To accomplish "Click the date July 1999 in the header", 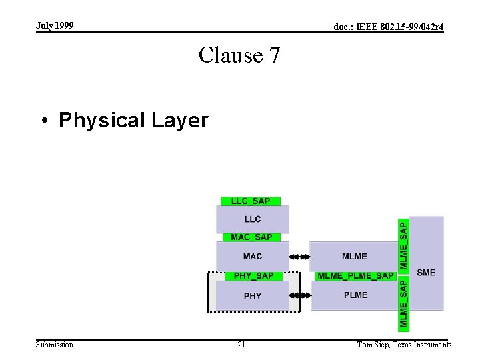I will click(55, 25).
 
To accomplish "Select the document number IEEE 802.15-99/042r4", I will click(388, 27).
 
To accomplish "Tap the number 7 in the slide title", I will click(274, 55).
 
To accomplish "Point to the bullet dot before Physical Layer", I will click(45, 121).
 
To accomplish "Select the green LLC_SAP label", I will click(251, 201).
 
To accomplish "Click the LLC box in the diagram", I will click(253, 219).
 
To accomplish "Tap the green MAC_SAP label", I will click(251, 237).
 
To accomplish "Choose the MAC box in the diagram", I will click(253, 256).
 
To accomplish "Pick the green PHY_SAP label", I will click(253, 276).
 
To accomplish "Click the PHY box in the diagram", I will click(253, 296).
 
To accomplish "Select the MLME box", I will click(354, 256).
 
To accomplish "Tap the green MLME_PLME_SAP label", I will click(355, 276).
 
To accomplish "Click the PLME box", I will click(355, 295).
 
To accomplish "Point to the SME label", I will click(426, 272).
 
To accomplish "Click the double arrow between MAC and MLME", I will click(300, 256).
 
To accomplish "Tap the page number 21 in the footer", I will click(241, 345).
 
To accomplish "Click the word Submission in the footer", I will click(55, 345).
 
